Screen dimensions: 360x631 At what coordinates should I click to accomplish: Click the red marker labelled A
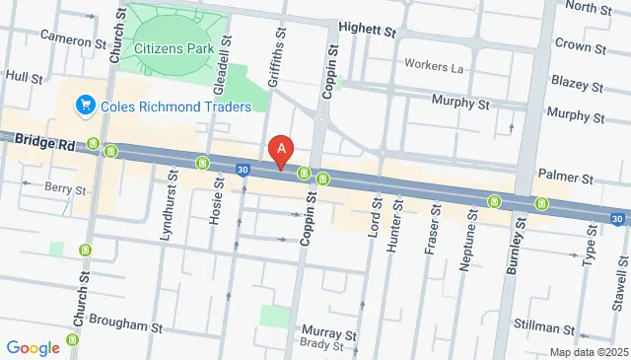pyautogui.click(x=283, y=151)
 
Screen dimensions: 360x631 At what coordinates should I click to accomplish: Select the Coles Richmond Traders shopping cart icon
pyautogui.click(x=86, y=105)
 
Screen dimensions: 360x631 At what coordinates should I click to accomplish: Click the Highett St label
pyautogui.click(x=366, y=31)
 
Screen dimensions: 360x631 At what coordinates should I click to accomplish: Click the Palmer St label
pyautogui.click(x=565, y=178)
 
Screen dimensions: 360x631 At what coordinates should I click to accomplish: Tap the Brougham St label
pyautogui.click(x=125, y=324)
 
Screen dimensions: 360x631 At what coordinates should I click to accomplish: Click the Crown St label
pyautogui.click(x=579, y=44)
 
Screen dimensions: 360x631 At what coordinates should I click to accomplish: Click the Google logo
pyautogui.click(x=33, y=347)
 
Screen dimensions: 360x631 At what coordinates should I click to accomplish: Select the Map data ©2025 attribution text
pyautogui.click(x=589, y=352)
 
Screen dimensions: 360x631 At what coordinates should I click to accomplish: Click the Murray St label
pyautogui.click(x=328, y=332)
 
